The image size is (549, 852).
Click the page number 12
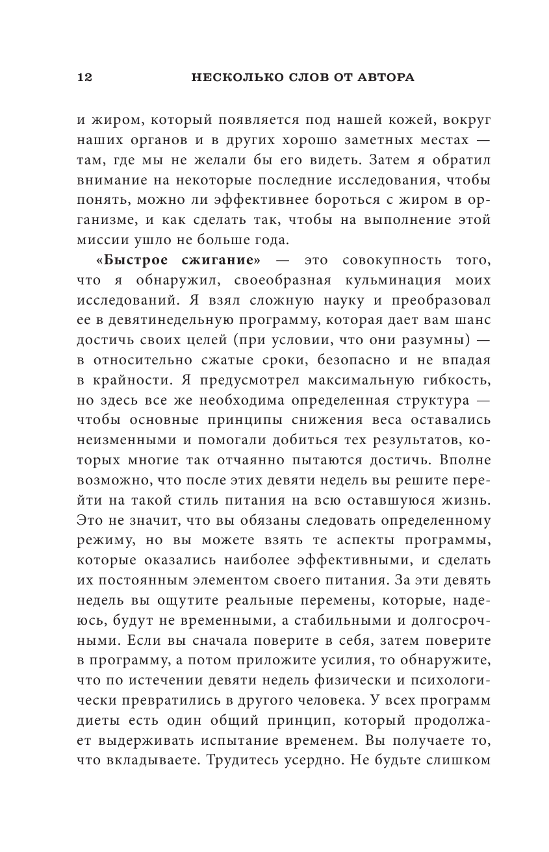[x=84, y=78]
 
